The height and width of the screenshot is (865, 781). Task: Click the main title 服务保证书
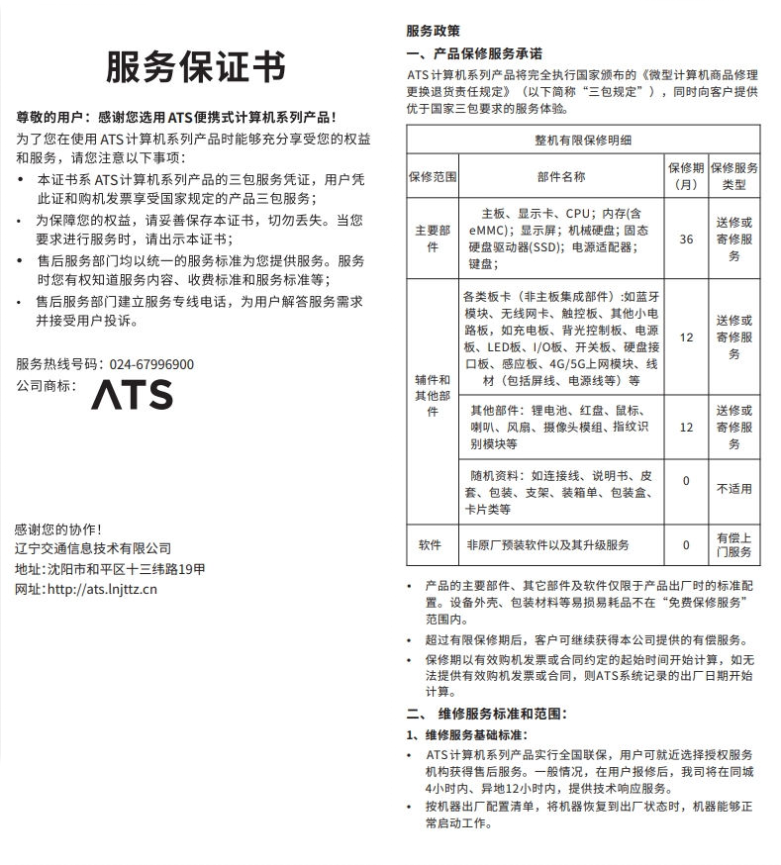[x=196, y=67]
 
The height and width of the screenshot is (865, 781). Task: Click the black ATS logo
[x=132, y=394]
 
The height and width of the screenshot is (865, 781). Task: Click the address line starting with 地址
[x=111, y=569]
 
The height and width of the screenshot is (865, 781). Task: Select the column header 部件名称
[x=561, y=177]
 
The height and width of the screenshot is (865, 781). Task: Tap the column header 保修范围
[x=433, y=177]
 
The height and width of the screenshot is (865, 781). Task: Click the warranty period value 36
[x=686, y=239]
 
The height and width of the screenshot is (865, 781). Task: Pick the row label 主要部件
[x=433, y=239]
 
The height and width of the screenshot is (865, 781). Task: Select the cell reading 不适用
[x=733, y=489]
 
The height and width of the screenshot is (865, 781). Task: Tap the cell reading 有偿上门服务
[x=733, y=544]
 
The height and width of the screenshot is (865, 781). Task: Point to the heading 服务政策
[x=434, y=31]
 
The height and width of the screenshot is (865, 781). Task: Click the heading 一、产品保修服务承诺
[x=474, y=53]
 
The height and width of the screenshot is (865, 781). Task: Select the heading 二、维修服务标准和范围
[x=488, y=713]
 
